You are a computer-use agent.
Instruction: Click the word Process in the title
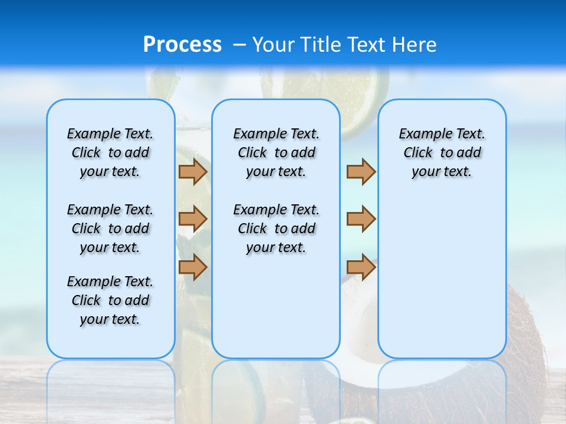pyautogui.click(x=182, y=44)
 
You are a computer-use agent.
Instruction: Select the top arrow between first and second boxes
pyautogui.click(x=192, y=171)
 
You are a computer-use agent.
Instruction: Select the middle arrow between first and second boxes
pyautogui.click(x=192, y=219)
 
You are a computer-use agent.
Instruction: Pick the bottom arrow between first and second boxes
pyautogui.click(x=192, y=267)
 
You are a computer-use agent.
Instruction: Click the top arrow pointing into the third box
pyautogui.click(x=361, y=171)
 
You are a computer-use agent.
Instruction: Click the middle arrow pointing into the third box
pyautogui.click(x=361, y=219)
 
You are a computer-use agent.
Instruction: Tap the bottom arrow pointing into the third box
pyautogui.click(x=361, y=267)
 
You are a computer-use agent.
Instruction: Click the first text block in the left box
pyautogui.click(x=110, y=153)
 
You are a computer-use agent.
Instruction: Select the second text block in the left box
pyautogui.click(x=110, y=228)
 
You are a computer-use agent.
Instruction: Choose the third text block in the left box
pyautogui.click(x=110, y=300)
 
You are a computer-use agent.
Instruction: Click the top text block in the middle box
pyautogui.click(x=276, y=153)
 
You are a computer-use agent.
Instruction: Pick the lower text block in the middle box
pyautogui.click(x=276, y=228)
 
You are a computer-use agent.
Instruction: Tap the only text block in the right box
pyautogui.click(x=442, y=153)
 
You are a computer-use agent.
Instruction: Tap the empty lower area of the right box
pyautogui.click(x=442, y=283)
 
